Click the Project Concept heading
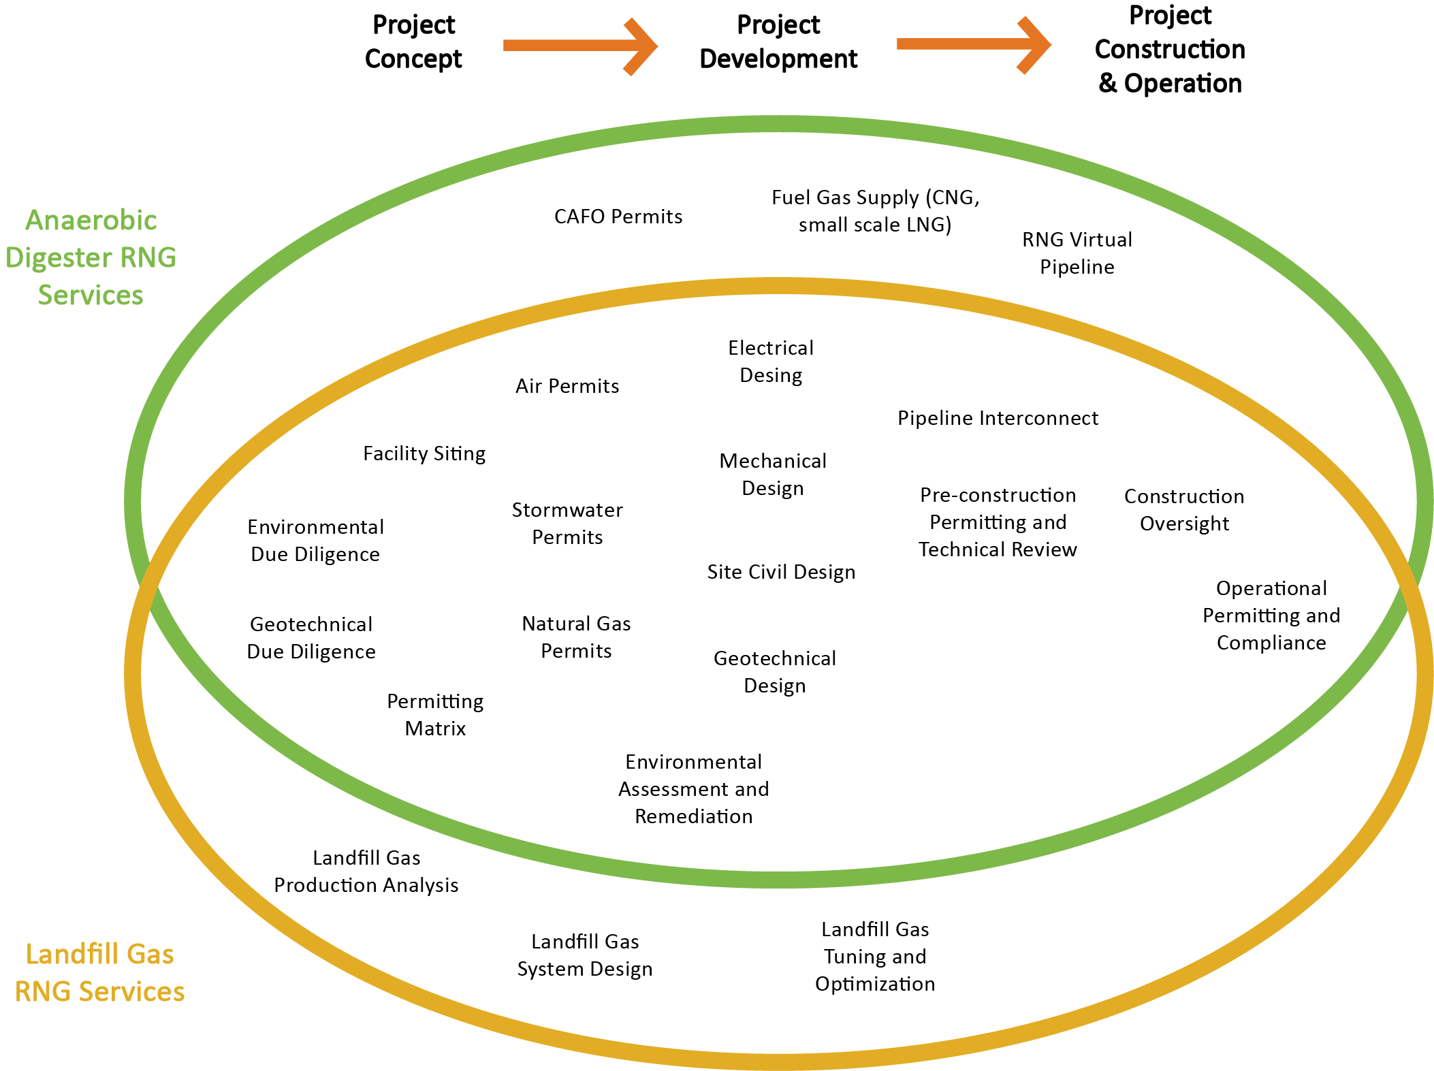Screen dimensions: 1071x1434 coord(413,42)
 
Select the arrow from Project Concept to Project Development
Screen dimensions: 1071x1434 coord(579,46)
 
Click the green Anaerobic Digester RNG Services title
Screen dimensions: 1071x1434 coord(91,257)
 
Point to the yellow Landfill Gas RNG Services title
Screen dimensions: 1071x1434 coord(99,972)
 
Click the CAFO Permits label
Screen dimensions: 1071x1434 coord(618,217)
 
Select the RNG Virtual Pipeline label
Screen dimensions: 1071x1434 coord(1077,253)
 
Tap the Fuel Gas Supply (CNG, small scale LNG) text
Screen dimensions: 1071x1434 coord(875,210)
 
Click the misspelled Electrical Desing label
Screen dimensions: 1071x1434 coord(771,362)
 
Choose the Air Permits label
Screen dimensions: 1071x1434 coord(567,386)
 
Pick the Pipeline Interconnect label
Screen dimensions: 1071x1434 coord(998,418)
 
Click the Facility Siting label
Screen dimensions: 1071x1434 coord(424,453)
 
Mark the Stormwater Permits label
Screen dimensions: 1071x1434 coord(567,523)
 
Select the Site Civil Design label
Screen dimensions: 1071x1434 coord(781,572)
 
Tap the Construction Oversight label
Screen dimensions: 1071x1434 coord(1184,509)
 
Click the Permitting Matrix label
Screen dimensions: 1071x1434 coord(435,714)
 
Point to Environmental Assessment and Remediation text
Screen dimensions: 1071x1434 coord(693,788)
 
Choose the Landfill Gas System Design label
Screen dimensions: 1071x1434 coord(585,955)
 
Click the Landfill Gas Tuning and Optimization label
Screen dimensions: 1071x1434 coord(875,956)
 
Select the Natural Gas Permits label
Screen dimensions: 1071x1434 coord(576,637)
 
